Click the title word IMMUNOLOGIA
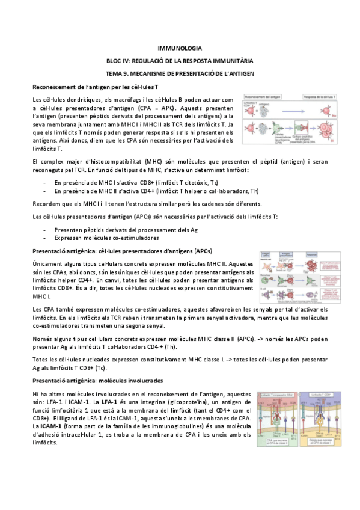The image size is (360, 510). tap(179, 48)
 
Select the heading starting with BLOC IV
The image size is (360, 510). tap(179, 60)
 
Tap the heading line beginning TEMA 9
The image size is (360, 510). tap(179, 73)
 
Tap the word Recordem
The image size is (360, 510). tap(46, 204)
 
